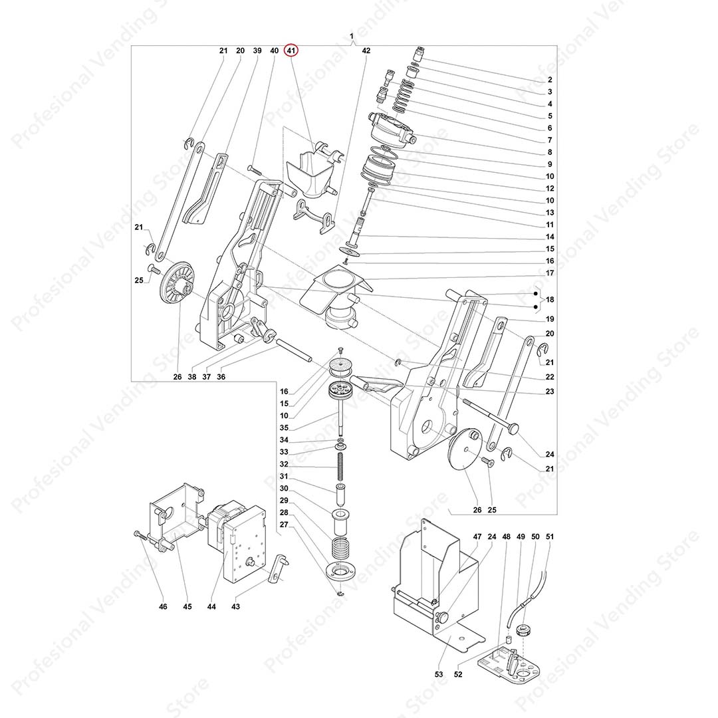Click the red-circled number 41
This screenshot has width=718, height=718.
pos(292,51)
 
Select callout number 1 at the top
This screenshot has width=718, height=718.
pos(351,35)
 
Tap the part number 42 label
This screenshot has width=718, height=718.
pos(366,51)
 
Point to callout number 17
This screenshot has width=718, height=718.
pos(550,273)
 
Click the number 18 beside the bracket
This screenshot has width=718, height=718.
pos(550,300)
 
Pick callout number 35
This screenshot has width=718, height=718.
pos(283,427)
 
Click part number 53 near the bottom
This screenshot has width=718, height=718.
pos(439,674)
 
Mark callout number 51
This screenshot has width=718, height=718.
pos(549,536)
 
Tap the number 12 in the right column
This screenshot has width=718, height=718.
pos(550,188)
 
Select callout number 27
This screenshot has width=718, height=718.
pos(283,525)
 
